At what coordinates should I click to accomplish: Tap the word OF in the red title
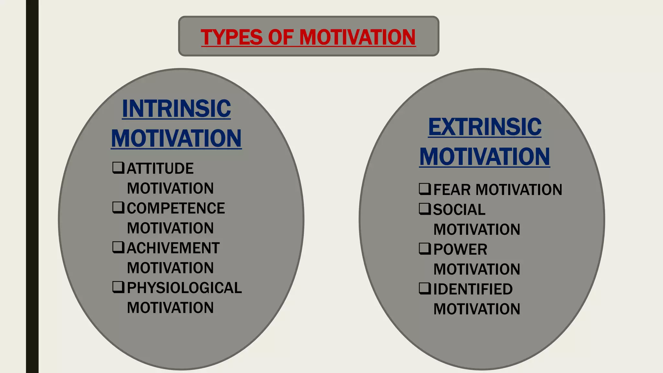click(x=281, y=37)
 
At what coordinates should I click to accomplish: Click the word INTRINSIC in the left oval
click(x=176, y=108)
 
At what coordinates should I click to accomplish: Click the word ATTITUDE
click(x=160, y=168)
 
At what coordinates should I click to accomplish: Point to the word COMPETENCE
click(x=176, y=208)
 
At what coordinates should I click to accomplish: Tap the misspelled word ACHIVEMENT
click(x=173, y=248)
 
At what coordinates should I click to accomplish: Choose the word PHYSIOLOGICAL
click(x=184, y=288)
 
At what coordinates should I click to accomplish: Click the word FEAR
click(x=452, y=190)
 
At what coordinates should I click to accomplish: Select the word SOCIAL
click(x=459, y=210)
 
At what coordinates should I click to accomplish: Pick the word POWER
click(x=460, y=250)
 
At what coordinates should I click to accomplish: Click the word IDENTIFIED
click(x=473, y=289)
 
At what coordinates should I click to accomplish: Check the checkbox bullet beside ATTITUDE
click(x=118, y=168)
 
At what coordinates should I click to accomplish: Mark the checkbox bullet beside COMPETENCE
click(x=118, y=208)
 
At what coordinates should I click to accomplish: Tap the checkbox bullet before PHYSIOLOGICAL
click(x=118, y=287)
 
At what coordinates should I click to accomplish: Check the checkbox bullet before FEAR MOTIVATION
click(x=425, y=189)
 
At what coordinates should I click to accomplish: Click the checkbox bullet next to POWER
click(x=425, y=249)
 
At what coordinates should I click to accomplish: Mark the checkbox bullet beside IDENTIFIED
click(x=425, y=288)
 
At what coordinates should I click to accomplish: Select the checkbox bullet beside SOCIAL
click(x=425, y=209)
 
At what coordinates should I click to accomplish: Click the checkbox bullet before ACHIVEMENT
click(x=118, y=247)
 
